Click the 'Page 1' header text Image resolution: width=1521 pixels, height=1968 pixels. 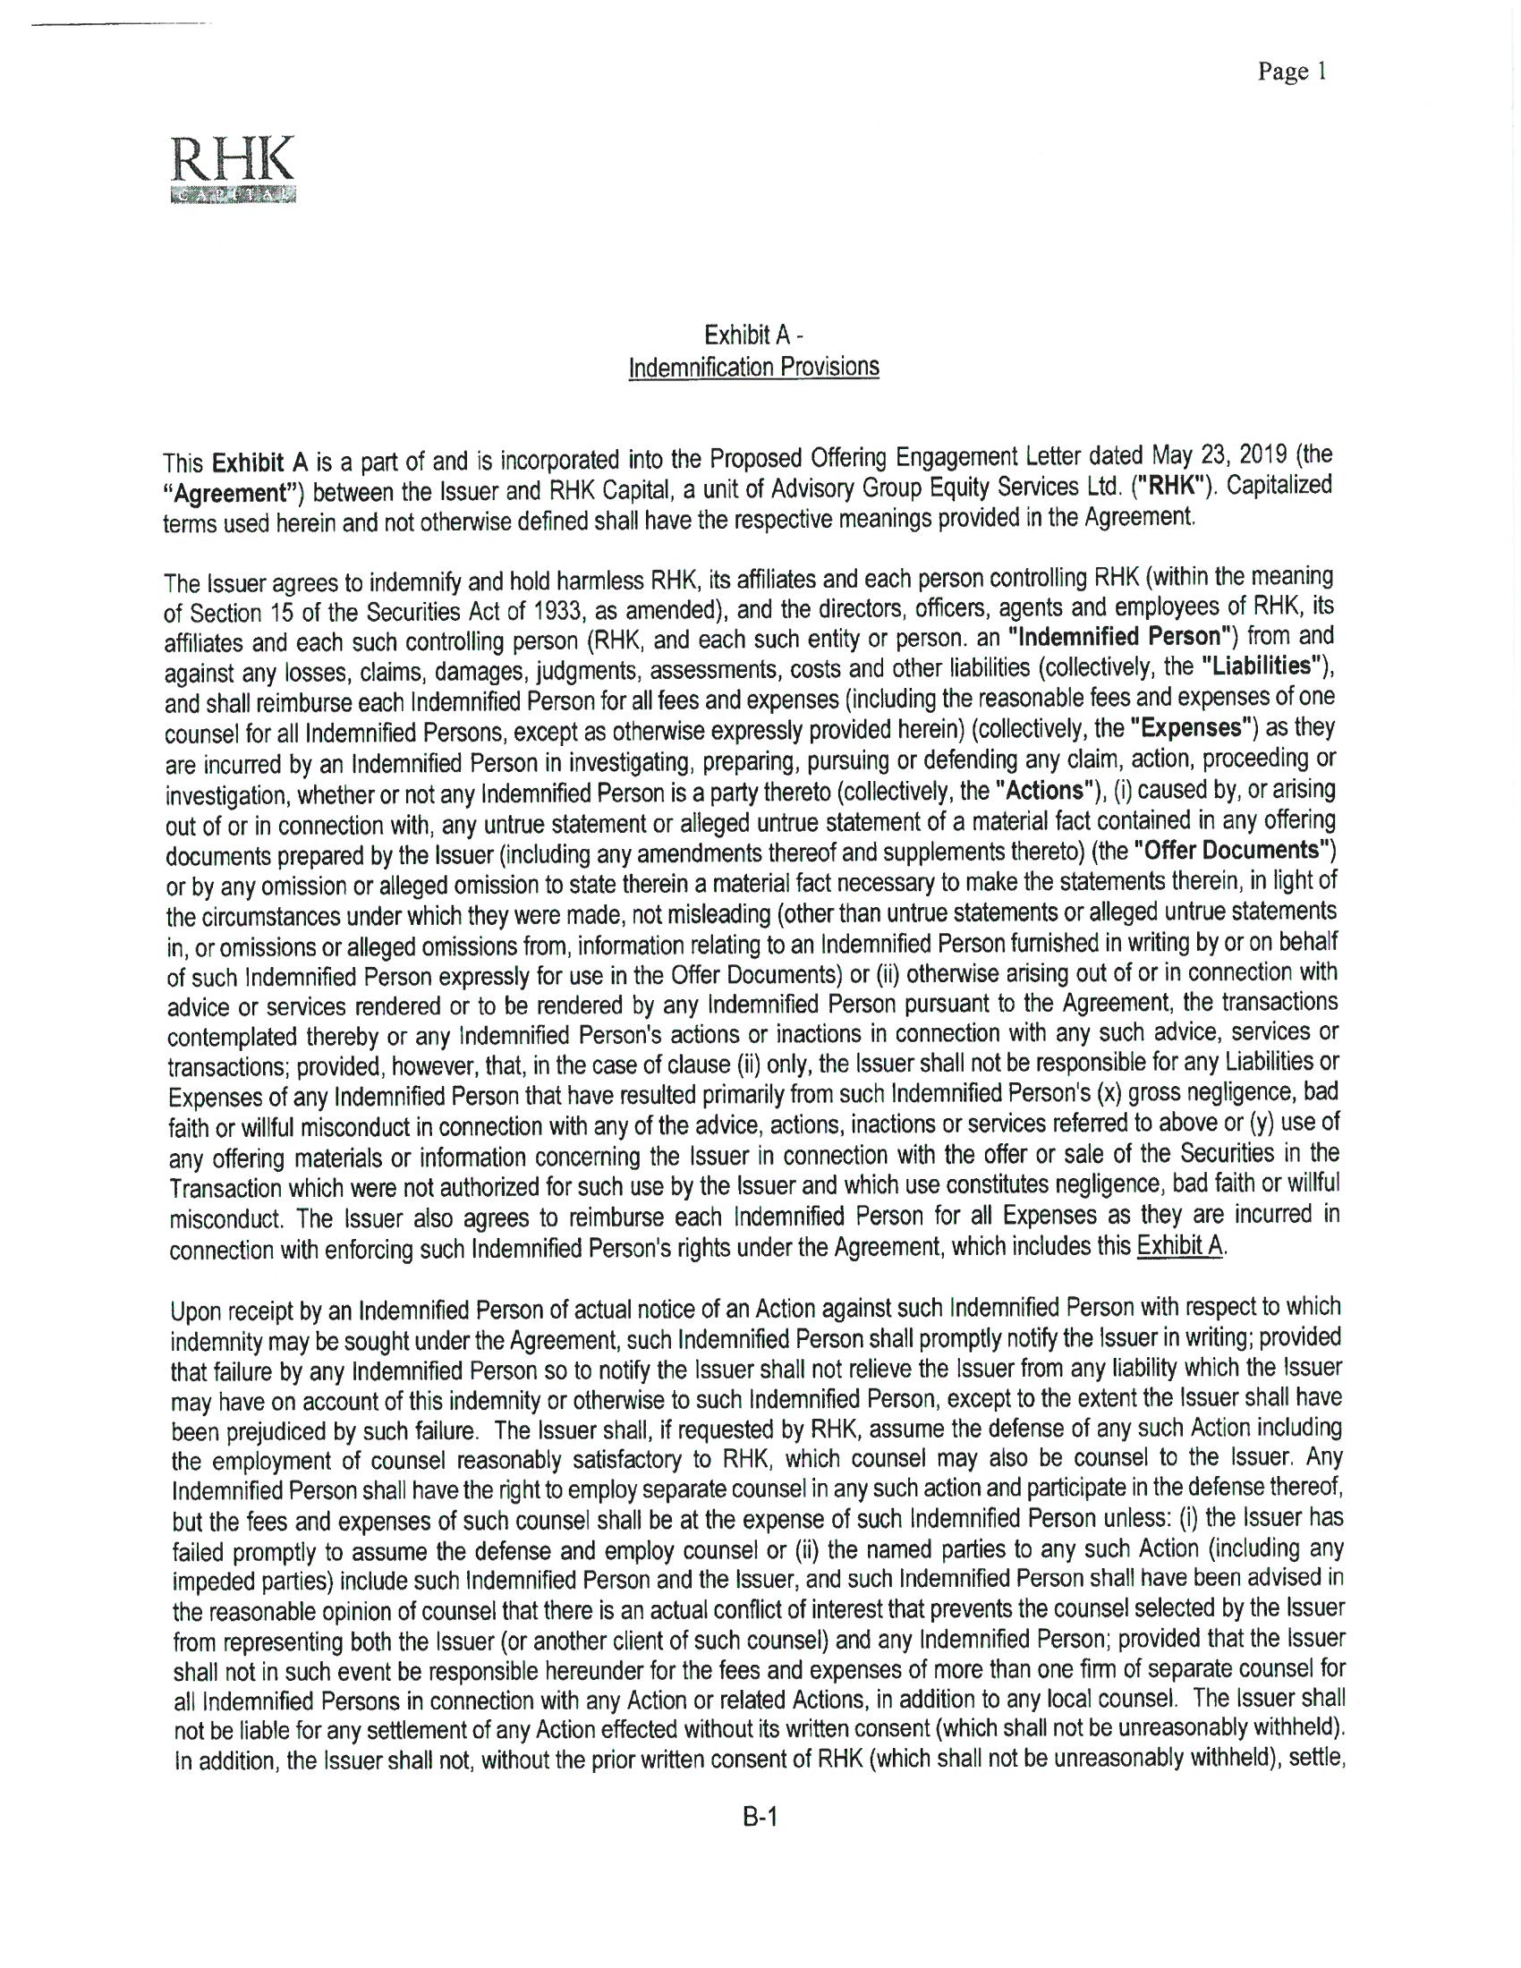1291,72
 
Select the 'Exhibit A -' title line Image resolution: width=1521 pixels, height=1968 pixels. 753,335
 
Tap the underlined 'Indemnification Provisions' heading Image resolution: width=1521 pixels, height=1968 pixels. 753,368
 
